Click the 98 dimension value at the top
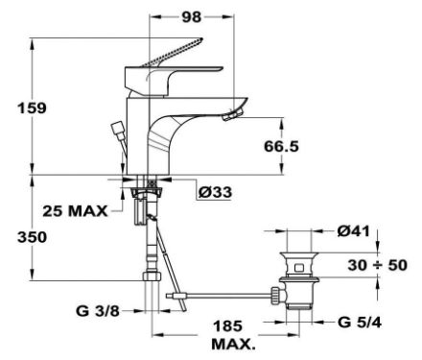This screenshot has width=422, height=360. click(192, 17)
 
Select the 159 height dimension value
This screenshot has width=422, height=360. click(32, 108)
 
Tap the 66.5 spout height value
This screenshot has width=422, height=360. click(281, 146)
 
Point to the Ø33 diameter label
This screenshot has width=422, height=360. click(215, 192)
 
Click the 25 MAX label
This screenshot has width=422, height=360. click(75, 211)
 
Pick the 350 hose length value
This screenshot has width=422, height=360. click(32, 237)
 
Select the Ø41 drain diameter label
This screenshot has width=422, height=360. click(353, 231)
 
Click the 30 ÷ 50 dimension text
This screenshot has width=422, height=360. click(377, 265)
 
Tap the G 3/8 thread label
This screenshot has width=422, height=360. click(98, 311)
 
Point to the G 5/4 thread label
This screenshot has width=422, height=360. click(360, 323)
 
